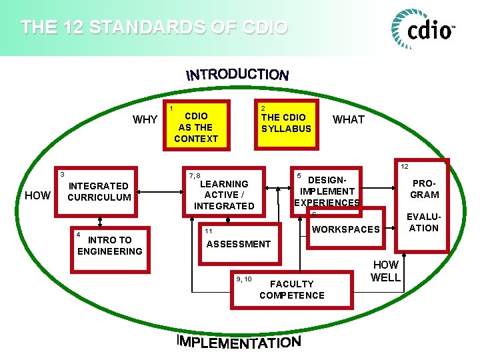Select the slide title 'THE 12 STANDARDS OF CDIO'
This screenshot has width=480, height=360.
click(154, 28)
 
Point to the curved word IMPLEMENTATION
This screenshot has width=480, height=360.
click(239, 341)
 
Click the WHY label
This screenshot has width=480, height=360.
click(145, 120)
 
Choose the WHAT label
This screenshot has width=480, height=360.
click(349, 120)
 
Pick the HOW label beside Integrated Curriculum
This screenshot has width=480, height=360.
click(37, 195)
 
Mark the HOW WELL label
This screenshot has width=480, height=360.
click(385, 271)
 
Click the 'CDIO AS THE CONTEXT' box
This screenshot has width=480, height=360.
click(196, 127)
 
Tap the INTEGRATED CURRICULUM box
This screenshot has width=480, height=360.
click(99, 191)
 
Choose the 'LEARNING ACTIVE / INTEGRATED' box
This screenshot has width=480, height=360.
click(224, 195)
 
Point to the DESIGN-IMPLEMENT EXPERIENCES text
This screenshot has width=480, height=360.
click(327, 191)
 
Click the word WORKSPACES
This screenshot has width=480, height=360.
click(346, 229)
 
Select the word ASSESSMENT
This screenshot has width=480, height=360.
click(239, 244)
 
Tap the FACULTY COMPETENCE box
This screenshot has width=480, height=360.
click(291, 289)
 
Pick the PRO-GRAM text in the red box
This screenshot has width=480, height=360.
click(425, 189)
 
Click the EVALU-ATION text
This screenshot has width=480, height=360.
click(424, 222)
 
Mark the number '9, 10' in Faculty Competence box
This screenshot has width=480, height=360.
click(244, 279)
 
